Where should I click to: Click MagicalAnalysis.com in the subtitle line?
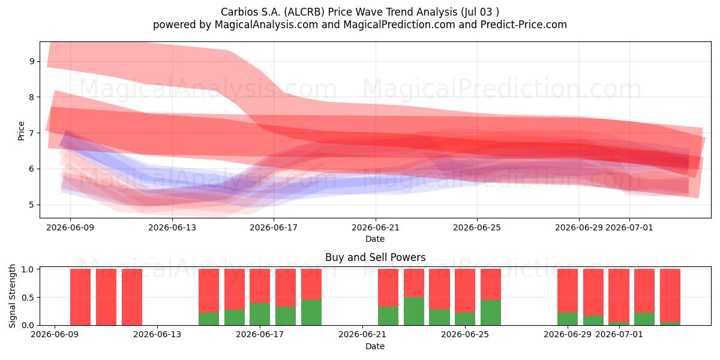point(266,25)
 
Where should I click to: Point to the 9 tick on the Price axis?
point(32,61)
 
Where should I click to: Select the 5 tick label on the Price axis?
point(32,205)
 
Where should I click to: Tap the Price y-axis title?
point(21,131)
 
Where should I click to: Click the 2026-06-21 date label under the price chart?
point(376,227)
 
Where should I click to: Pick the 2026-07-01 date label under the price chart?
point(629,227)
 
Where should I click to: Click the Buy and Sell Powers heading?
point(375,257)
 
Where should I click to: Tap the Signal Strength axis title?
point(12,296)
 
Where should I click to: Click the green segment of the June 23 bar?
point(414,311)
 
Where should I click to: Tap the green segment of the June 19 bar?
point(311,313)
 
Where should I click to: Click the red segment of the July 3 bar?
point(670,295)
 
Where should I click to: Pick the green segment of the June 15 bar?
point(209,319)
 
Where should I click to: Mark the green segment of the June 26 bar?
point(491,313)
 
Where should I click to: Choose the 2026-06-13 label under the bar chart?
point(157,334)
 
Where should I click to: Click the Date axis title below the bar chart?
point(375,346)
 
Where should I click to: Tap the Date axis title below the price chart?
point(375,239)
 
